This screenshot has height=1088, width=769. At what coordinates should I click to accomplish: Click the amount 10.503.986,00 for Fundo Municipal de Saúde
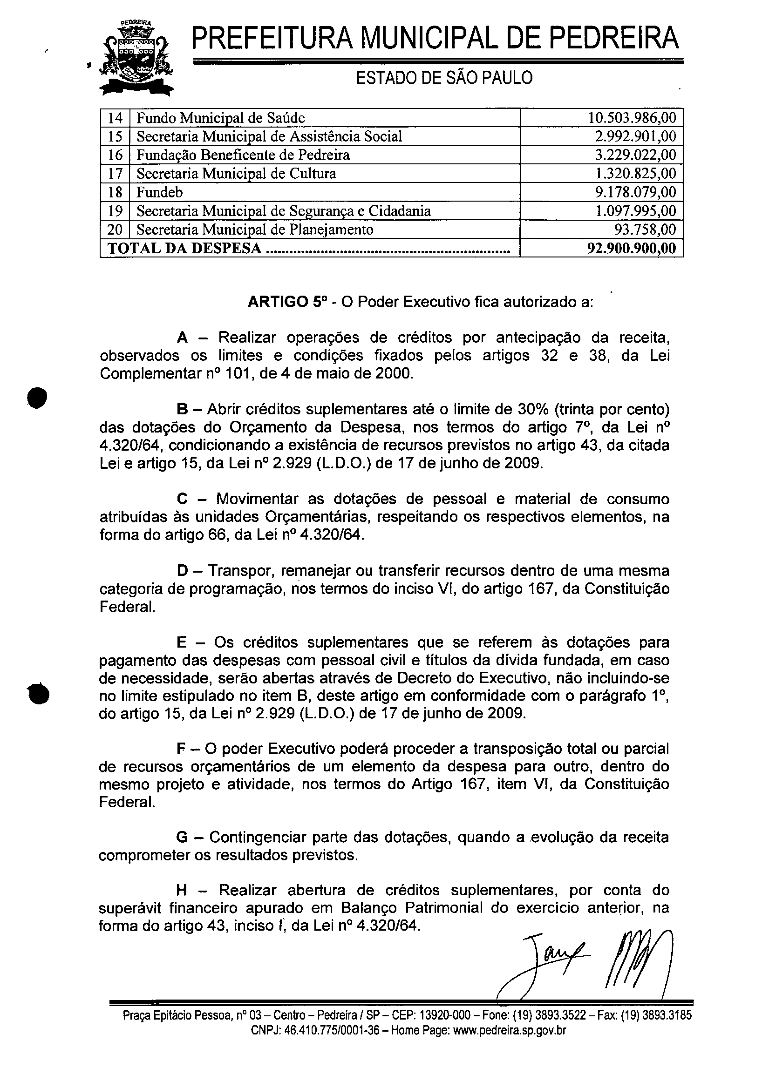pos(632,117)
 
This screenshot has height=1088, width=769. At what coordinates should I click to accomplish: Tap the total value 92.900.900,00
pos(632,248)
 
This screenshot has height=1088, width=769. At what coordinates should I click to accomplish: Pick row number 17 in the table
pos(115,174)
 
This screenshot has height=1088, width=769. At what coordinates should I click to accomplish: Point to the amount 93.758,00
pos(645,230)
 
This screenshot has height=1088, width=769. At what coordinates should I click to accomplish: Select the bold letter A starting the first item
pos(182,338)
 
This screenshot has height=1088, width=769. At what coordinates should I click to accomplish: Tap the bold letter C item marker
pos(182,499)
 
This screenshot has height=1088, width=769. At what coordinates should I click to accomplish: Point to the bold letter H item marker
pos(182,891)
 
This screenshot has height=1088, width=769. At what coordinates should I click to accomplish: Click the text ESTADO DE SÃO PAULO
pos(444,78)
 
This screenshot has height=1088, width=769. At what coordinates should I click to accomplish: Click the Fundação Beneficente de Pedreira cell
pos(243,155)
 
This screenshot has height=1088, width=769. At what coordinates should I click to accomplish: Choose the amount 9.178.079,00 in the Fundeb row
pos(635,192)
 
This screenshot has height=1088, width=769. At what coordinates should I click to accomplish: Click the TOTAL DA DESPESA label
pos(185,248)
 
